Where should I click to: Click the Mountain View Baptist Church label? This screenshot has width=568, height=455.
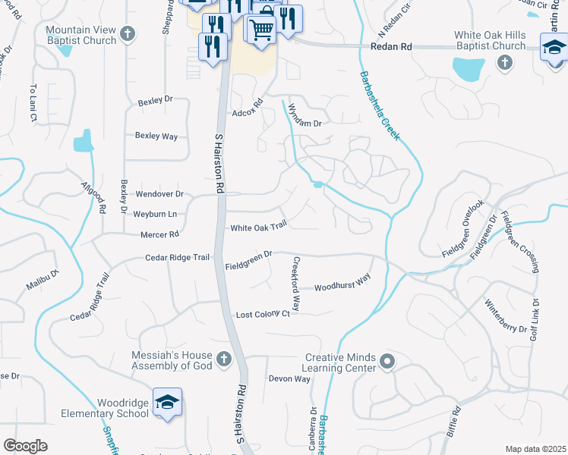pos(80,36)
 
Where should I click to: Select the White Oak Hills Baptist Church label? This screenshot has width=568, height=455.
pos(490,40)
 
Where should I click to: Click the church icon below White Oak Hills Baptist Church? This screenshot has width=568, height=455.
pos(504,63)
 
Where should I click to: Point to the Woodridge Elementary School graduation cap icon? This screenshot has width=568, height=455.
pos(167,402)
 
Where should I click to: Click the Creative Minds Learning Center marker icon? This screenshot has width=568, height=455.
pos(387,362)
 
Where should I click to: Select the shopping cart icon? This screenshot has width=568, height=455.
pos(261,30)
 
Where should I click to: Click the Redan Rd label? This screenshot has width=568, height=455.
pos(391,47)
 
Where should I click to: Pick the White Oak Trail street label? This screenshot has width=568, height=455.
pos(259,227)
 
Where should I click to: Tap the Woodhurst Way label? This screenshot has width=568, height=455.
pos(342,283)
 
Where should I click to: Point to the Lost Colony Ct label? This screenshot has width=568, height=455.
pos(263,314)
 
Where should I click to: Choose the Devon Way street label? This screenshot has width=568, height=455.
pos(289,378)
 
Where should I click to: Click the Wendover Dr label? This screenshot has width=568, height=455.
pos(159,194)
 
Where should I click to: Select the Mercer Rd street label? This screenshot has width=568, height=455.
pos(159,234)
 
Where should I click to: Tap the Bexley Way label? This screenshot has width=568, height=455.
pos(156,136)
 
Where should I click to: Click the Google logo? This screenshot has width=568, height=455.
pos(26,446)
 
